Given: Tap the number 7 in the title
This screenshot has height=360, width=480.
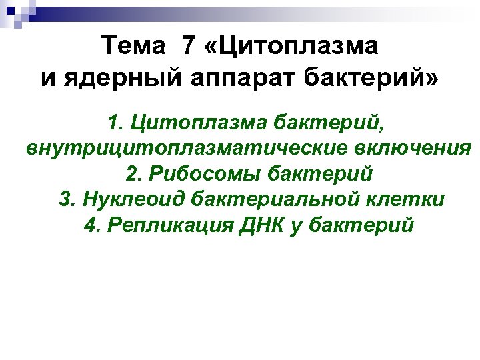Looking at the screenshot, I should (189, 47).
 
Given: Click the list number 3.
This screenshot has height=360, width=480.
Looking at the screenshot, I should (67, 199).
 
